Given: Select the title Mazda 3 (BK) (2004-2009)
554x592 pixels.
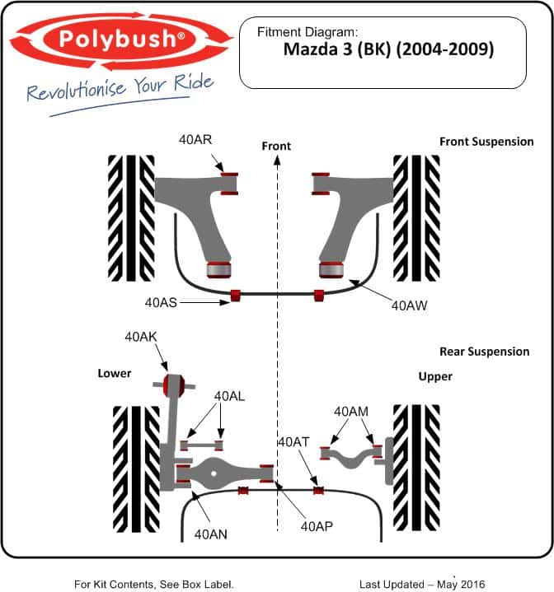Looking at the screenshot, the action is coord(388,49).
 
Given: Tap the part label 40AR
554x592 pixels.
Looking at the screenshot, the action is coord(195,140).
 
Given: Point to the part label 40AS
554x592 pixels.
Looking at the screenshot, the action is coord(161,302).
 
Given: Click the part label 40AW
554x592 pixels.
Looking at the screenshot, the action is coord(409,305).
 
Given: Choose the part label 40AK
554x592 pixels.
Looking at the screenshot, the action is coord(141,337).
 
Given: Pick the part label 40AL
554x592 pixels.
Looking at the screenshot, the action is coord(229,396).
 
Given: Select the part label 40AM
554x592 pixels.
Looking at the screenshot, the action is coord(351,411).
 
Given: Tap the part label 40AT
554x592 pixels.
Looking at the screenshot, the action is coord(293,441).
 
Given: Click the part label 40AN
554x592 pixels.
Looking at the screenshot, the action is coord(211,534).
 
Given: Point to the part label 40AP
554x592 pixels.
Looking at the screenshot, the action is coord(317,526).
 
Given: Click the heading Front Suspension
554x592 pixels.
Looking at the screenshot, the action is coord(486,142).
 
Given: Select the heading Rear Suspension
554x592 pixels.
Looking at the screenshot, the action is coord(485,352).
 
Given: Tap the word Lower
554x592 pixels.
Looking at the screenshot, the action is coord(115,374).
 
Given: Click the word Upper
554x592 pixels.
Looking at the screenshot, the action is coord(435,377).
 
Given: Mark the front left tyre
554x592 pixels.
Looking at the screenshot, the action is coord(131,218).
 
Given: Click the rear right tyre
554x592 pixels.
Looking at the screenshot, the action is coord(416,468).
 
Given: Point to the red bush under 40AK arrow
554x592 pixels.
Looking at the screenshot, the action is coord(174,385).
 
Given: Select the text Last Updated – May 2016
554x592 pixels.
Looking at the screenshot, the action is coord(422,585).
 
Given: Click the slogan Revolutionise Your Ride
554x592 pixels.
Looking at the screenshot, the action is coord(120,88).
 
